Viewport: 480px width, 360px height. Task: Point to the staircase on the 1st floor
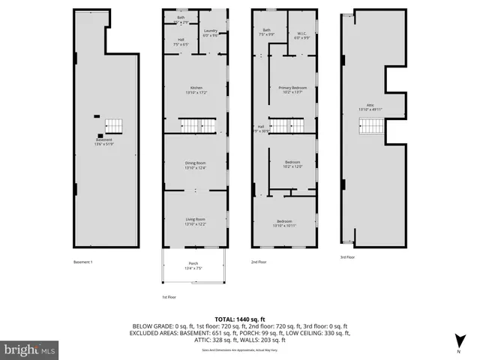pyautogui.click(x=196, y=124)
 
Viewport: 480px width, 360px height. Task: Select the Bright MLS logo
pyautogui.click(x=29, y=349)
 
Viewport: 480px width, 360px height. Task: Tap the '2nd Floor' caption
pyautogui.click(x=259, y=262)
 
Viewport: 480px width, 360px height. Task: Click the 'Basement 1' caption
pyautogui.click(x=82, y=262)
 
